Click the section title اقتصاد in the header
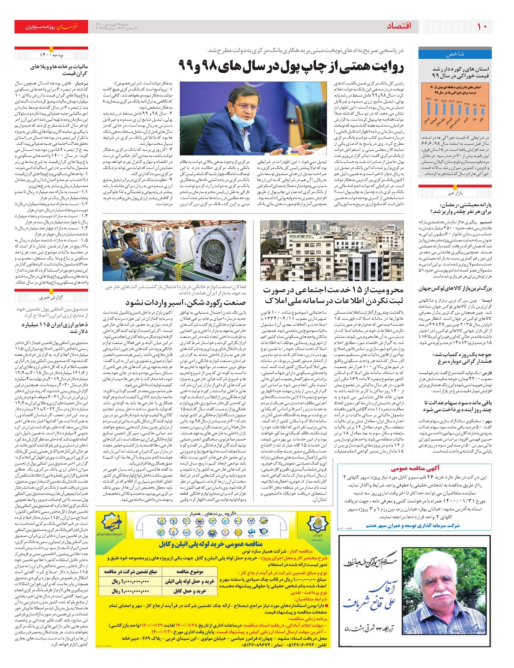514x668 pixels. (x=399, y=27)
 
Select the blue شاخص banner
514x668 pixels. (x=454, y=54)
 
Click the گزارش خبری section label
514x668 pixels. (x=51, y=297)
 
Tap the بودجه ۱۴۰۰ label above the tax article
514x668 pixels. (x=51, y=55)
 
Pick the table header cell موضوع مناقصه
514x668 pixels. (x=190, y=572)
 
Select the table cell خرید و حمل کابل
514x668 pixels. (x=190, y=591)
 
